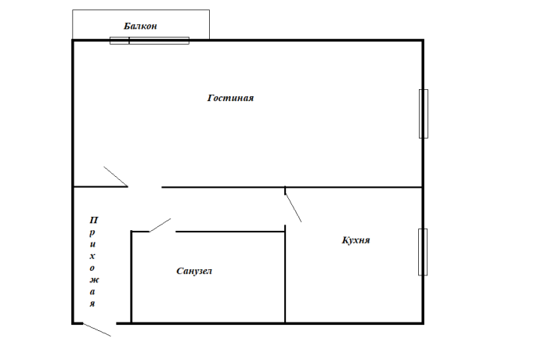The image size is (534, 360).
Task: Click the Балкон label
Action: (x=140, y=26)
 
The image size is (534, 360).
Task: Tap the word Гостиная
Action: (x=230, y=98)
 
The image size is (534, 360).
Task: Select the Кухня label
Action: (x=356, y=240)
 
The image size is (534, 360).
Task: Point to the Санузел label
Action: (x=194, y=271)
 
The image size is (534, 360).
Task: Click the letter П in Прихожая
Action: (x=94, y=220)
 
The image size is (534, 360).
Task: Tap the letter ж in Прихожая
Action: (x=94, y=280)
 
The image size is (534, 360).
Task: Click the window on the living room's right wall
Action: (x=424, y=113)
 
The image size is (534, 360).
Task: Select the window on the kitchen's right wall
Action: (x=423, y=252)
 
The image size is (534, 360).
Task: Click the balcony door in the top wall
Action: (x=150, y=41)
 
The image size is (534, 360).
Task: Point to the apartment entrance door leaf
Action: (x=97, y=329)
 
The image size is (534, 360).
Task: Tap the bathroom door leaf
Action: (x=160, y=225)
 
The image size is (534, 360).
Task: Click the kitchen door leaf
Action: (x=293, y=207)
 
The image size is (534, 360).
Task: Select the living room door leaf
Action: (x=116, y=177)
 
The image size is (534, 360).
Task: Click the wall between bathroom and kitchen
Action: (x=285, y=274)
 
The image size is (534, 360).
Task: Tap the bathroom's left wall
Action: (x=131, y=277)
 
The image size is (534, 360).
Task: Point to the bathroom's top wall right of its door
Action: (x=230, y=232)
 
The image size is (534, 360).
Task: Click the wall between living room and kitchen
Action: (x=354, y=187)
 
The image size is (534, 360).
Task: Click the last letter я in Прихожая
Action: (x=92, y=304)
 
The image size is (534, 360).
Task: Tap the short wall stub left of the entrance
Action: (x=78, y=323)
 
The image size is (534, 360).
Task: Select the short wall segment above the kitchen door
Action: (x=285, y=190)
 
